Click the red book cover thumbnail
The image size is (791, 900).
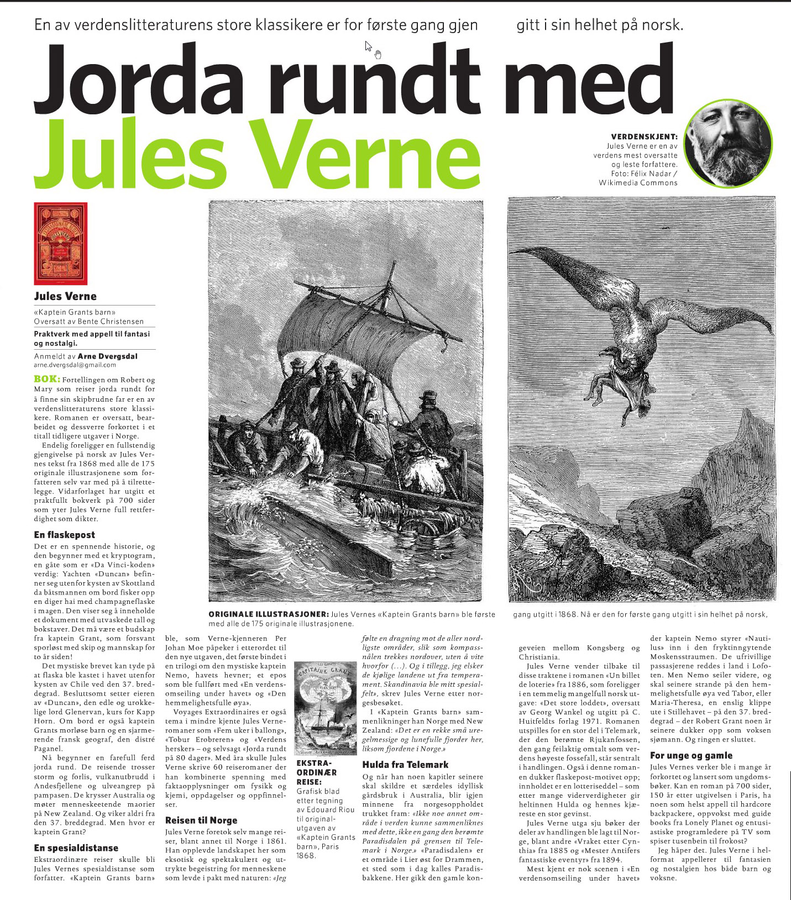coord(61,243)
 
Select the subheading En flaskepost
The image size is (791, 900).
coord(64,535)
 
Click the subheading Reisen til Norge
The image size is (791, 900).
coord(201,820)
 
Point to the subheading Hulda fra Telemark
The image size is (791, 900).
coord(405,765)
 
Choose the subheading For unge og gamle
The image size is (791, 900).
coord(691,755)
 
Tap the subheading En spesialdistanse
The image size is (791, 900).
coord(76,848)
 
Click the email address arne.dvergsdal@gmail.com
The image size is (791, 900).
coord(75,365)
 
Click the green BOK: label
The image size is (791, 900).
coord(47,379)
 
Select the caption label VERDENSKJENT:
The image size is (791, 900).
coord(644,136)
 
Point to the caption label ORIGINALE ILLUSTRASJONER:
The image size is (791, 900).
coord(269,614)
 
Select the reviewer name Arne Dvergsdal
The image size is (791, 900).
coord(108,356)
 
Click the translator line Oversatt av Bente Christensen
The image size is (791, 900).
coord(88,321)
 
